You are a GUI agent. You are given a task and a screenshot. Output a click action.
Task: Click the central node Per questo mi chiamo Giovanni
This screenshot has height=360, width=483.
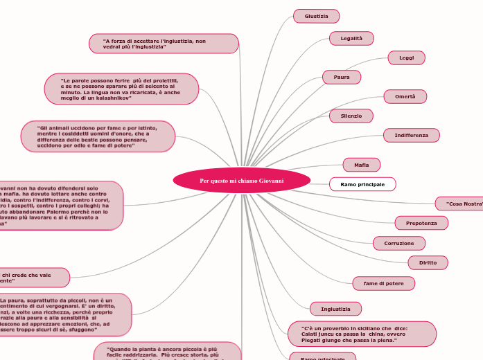(x=241, y=181)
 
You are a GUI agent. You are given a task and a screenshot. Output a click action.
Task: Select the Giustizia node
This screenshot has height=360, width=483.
(x=317, y=16)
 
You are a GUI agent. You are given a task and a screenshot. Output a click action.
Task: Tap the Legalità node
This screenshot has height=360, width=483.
(x=351, y=38)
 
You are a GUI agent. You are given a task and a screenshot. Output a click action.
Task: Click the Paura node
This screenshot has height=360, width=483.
(x=342, y=77)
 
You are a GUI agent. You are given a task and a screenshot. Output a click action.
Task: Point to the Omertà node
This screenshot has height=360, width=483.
(x=405, y=97)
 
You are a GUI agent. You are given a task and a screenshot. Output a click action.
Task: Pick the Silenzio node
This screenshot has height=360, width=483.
(x=351, y=116)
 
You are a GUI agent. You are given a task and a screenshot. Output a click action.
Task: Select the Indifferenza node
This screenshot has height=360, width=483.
(x=411, y=135)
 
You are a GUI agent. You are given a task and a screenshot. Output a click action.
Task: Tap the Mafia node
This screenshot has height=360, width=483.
(x=362, y=165)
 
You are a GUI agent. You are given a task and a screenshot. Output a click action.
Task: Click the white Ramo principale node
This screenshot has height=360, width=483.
(x=362, y=184)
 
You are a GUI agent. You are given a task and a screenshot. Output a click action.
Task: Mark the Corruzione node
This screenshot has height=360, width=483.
(x=399, y=243)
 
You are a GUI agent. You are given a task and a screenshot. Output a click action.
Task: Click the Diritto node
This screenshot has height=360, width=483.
(x=428, y=262)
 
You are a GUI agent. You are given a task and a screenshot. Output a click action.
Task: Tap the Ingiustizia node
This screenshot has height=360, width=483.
(x=335, y=309)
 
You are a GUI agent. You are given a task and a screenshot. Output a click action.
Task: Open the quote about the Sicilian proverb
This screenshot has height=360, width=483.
(x=361, y=334)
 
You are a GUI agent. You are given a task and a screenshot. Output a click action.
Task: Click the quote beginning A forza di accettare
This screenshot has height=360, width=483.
(x=164, y=44)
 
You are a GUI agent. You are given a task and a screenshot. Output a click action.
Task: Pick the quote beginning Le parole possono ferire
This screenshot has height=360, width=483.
(x=121, y=89)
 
